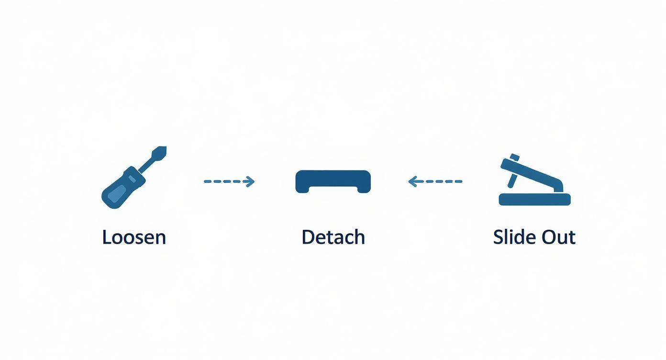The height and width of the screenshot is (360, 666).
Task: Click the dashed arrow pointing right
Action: point(229,181)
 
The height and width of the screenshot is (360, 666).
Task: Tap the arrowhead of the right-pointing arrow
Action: point(250,181)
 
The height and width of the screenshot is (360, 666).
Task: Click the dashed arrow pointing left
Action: point(435,181)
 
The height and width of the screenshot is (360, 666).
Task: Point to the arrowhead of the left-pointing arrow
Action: point(413,181)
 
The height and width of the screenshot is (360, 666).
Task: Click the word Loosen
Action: point(134,237)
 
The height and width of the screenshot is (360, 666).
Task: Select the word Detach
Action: point(333,237)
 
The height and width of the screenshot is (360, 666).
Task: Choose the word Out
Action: point(558,237)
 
